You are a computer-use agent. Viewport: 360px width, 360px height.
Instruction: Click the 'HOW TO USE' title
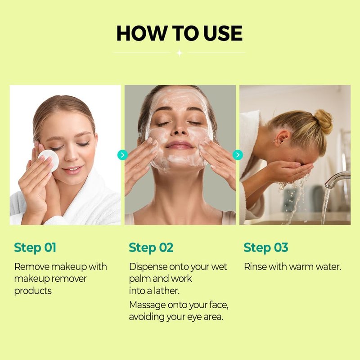pyautogui.click(x=179, y=33)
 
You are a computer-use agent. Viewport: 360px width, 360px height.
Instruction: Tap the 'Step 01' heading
pyautogui.click(x=35, y=248)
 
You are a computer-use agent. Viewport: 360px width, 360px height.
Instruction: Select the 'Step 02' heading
pyautogui.click(x=151, y=248)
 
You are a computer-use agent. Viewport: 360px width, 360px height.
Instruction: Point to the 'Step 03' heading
pyautogui.click(x=266, y=248)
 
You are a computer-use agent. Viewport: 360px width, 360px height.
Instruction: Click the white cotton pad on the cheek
pyautogui.click(x=50, y=160)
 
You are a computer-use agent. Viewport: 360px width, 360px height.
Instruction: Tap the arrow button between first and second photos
pyautogui.click(x=122, y=155)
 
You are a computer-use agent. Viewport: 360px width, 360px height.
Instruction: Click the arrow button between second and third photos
pyautogui.click(x=238, y=155)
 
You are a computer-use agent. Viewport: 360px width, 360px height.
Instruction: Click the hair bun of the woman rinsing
pyautogui.click(x=323, y=121)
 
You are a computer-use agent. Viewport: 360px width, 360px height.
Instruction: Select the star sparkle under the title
pyautogui.click(x=180, y=53)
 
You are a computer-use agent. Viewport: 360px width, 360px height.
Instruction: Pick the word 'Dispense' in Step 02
pyautogui.click(x=148, y=267)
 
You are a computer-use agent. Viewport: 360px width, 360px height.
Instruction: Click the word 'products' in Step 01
pyautogui.click(x=33, y=291)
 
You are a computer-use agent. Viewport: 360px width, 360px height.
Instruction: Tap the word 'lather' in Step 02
pyautogui.click(x=166, y=291)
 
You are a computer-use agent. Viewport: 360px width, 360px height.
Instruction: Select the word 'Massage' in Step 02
pyautogui.click(x=148, y=306)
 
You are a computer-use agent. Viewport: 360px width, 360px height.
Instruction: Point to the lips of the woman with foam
pyautogui.click(x=180, y=145)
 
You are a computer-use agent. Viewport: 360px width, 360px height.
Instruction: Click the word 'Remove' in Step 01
pyautogui.click(x=32, y=267)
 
